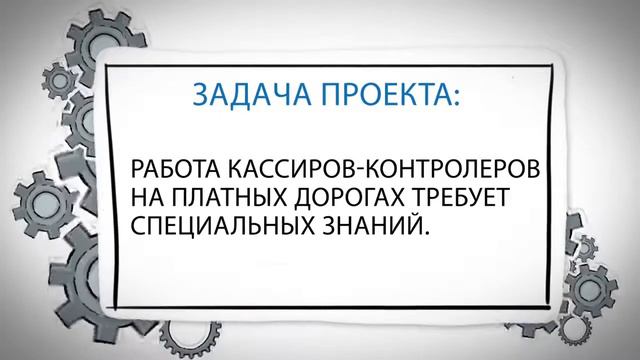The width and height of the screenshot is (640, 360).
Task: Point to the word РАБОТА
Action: pyautogui.click(x=172, y=167)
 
